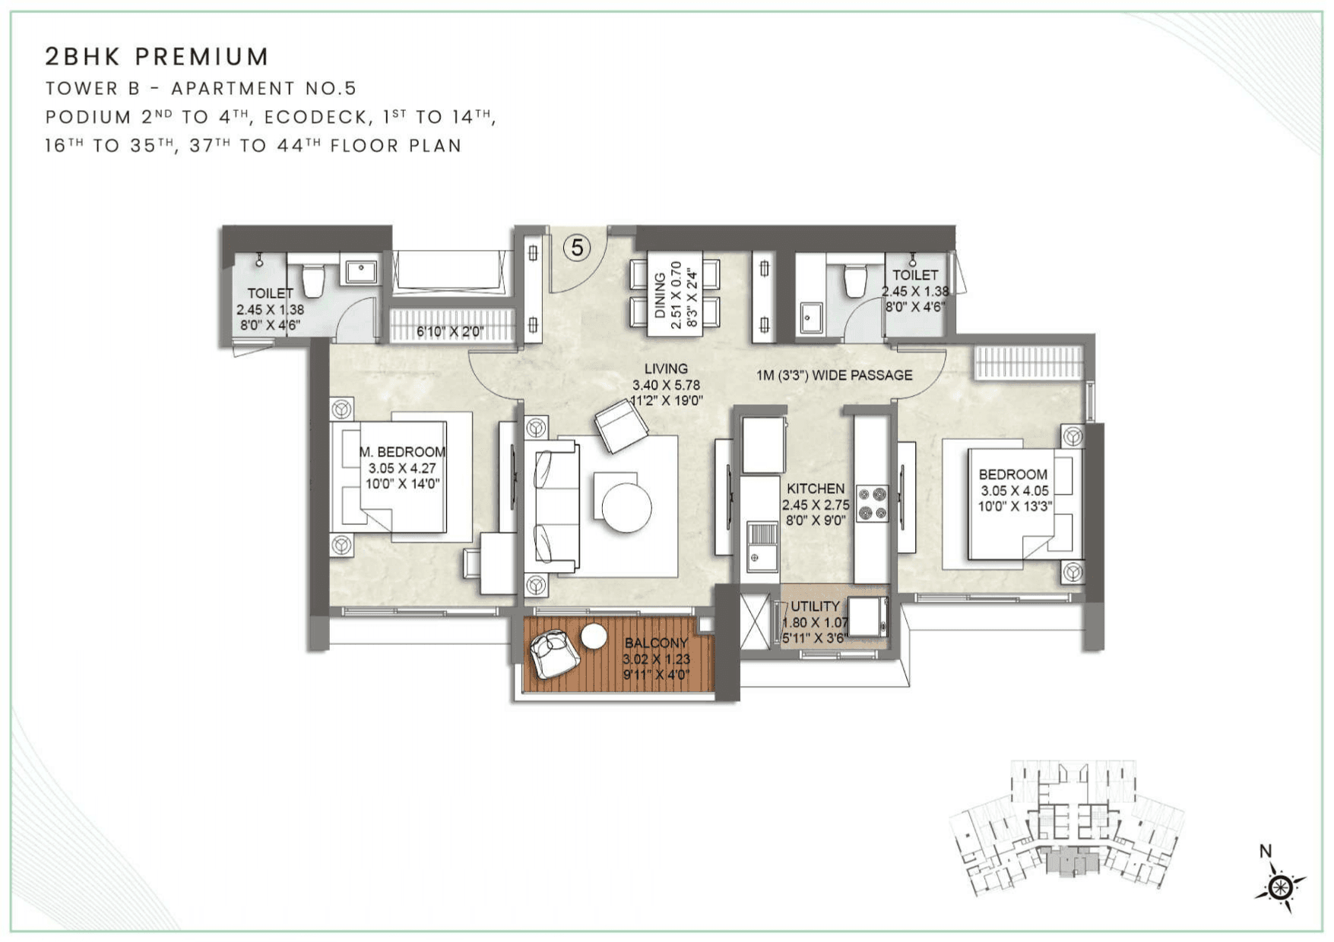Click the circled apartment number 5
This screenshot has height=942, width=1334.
(x=578, y=248)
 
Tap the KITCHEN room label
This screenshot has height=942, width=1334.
(x=816, y=488)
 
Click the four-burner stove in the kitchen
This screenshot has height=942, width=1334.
(x=873, y=504)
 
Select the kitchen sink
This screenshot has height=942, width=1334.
(x=761, y=546)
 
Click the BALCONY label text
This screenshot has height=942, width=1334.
(x=656, y=643)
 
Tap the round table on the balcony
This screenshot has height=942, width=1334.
(x=594, y=637)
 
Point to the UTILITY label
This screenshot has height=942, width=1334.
(x=815, y=606)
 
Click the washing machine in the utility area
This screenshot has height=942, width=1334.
(x=867, y=617)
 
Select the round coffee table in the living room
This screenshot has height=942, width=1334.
(x=627, y=507)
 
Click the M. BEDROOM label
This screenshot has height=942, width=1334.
(x=402, y=452)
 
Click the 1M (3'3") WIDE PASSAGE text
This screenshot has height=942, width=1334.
(x=834, y=375)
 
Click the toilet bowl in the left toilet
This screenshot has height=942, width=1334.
(x=313, y=280)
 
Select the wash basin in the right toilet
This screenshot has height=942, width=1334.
(x=810, y=317)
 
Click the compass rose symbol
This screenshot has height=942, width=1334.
(x=1281, y=887)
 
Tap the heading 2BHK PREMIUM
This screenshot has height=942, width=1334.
(x=157, y=56)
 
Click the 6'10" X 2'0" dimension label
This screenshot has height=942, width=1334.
(x=450, y=332)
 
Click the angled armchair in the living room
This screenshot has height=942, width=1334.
(x=621, y=426)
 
